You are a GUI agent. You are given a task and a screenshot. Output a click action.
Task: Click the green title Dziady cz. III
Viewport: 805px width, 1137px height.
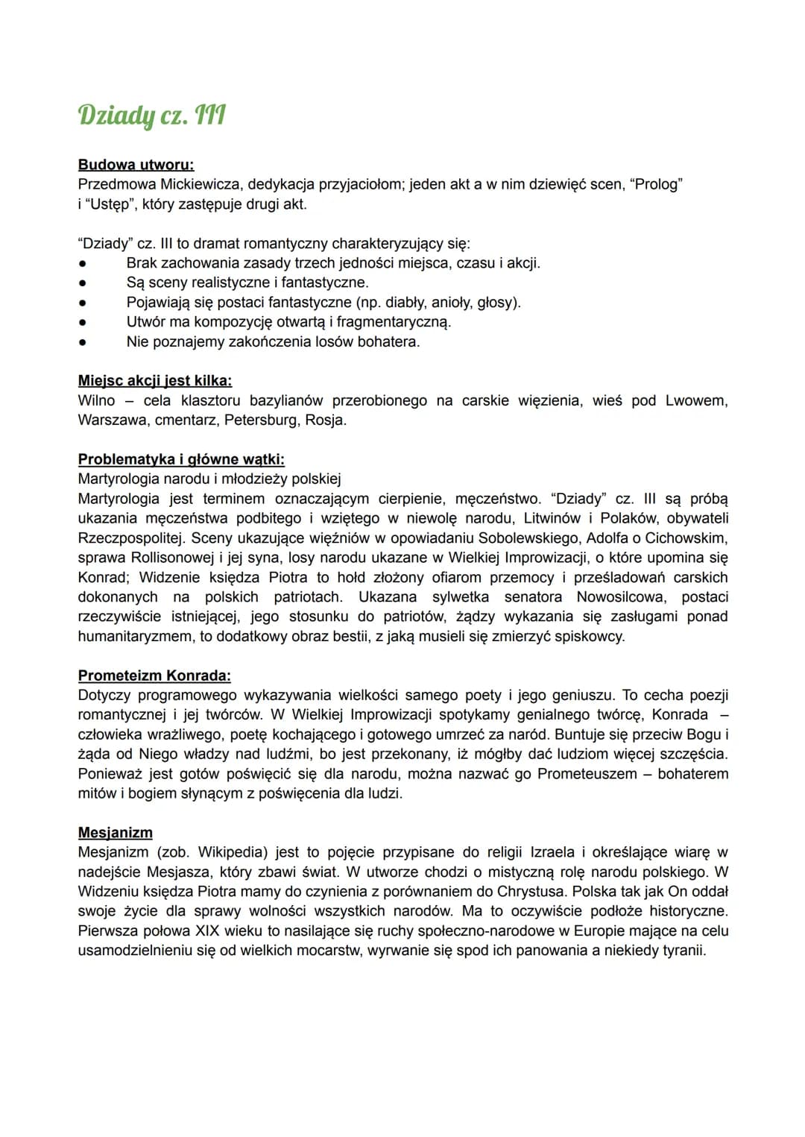coord(151,116)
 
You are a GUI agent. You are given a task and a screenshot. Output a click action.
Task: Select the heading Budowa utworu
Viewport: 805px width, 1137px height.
coord(136,165)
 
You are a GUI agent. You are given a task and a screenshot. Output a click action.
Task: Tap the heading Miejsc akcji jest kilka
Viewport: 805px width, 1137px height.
coord(154,381)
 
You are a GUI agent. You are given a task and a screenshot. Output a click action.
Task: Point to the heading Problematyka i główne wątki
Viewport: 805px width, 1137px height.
coord(181,459)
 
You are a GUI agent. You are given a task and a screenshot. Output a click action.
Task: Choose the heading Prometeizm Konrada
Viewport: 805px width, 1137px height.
coord(154,675)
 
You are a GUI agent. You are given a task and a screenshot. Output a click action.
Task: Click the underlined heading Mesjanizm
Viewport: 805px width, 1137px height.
coord(115,833)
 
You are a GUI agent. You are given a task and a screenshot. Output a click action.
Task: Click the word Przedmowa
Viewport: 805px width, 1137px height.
coord(116,184)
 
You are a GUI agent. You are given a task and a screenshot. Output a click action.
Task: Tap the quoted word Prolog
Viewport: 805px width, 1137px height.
coord(657,184)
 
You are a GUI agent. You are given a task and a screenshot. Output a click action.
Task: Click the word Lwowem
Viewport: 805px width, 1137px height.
coord(696,400)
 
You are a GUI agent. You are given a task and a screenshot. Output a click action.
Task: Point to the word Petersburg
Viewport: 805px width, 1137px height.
coord(260,420)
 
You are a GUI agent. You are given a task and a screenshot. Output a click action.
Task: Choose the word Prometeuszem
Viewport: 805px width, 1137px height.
coord(587,774)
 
